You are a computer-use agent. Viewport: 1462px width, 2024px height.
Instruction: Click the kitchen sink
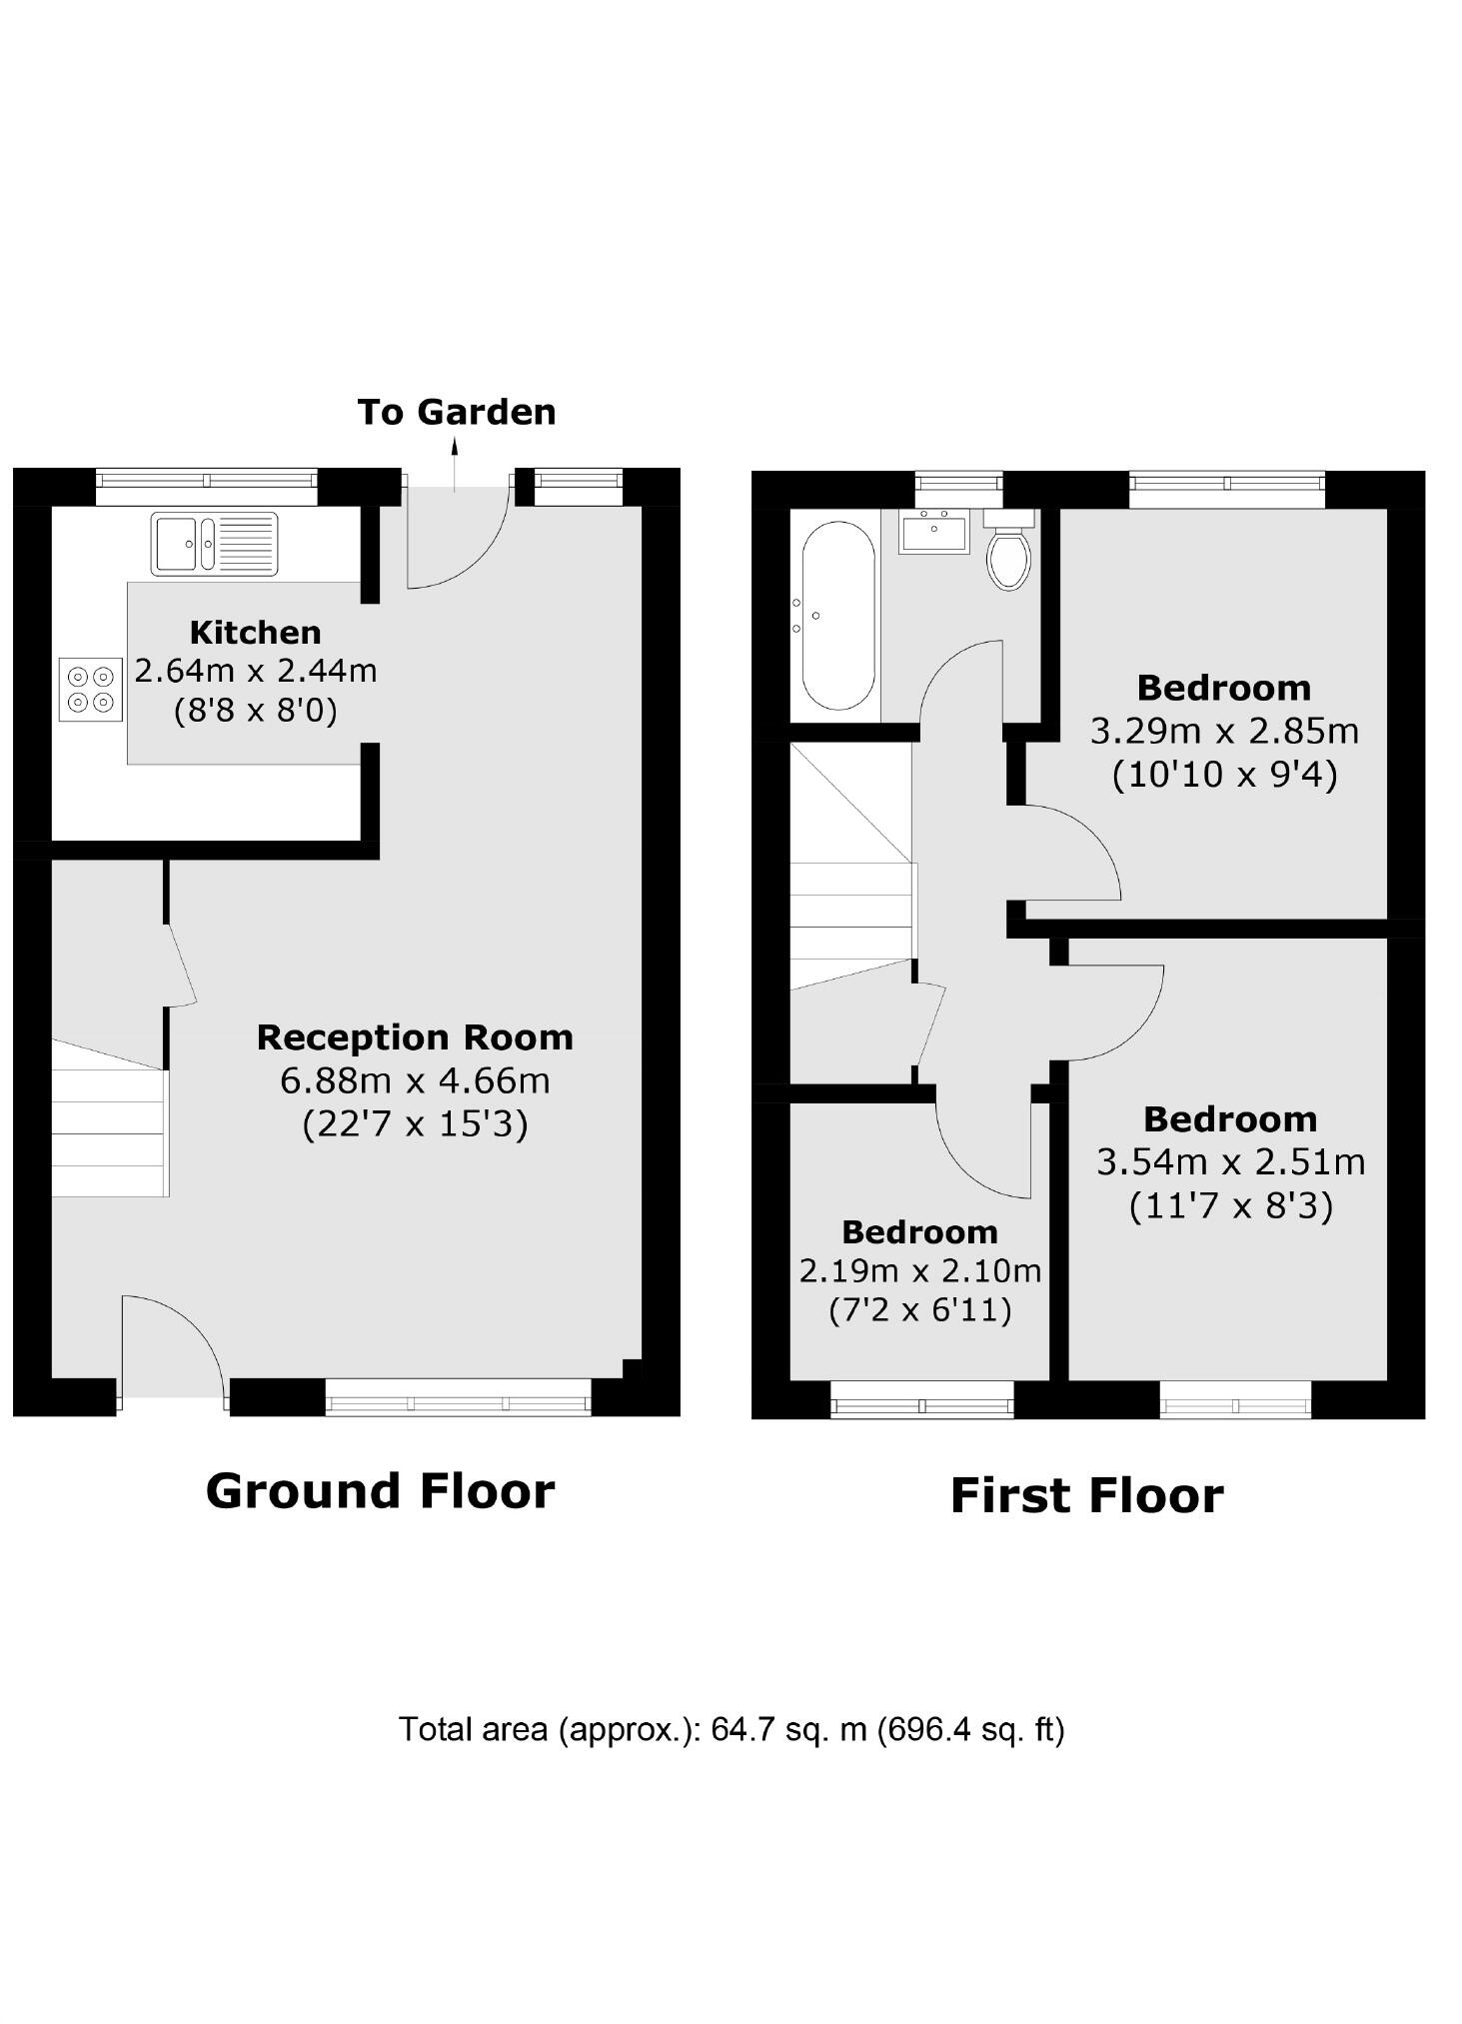(214, 543)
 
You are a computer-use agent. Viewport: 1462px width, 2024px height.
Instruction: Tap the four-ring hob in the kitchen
(90, 690)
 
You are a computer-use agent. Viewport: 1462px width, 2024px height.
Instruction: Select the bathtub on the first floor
(835, 616)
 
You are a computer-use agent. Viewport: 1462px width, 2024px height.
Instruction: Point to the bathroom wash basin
(933, 531)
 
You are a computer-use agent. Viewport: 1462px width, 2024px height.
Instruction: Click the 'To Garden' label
(456, 412)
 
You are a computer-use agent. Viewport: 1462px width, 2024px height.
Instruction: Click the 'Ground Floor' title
(380, 1490)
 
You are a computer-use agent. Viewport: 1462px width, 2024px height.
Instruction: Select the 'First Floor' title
(1086, 1495)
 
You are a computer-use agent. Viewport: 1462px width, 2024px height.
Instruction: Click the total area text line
(731, 1728)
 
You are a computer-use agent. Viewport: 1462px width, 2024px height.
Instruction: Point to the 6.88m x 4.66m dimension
(415, 1080)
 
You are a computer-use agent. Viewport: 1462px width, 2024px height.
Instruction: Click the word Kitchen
(255, 632)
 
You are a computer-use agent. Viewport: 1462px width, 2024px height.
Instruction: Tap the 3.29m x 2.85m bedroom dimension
(1223, 731)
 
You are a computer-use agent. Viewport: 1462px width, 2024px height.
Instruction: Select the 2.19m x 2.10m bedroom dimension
(919, 1270)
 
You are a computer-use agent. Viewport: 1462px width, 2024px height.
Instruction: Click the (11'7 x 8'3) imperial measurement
(1230, 1206)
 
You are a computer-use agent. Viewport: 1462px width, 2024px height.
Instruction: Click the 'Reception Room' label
(415, 1036)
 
